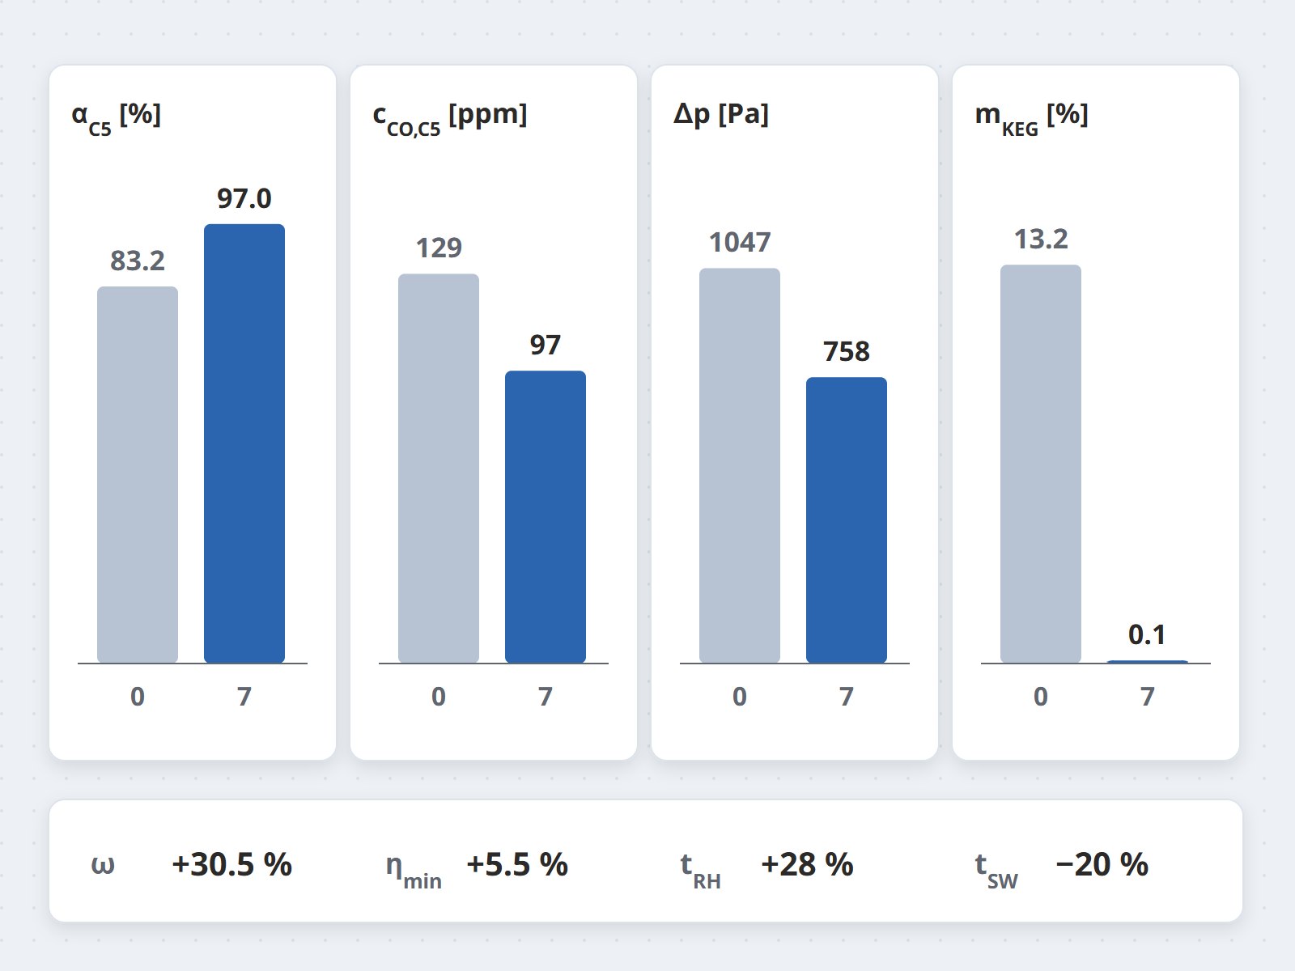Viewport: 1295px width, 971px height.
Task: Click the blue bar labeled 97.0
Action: pyautogui.click(x=244, y=443)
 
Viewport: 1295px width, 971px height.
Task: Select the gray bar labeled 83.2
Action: pyautogui.click(x=138, y=475)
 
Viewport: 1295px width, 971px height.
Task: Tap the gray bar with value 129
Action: pyautogui.click(x=439, y=469)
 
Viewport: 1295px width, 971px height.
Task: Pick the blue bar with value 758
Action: pyautogui.click(x=846, y=520)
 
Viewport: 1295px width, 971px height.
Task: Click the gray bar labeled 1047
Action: pyautogui.click(x=739, y=466)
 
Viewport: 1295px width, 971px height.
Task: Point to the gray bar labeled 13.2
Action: pyautogui.click(x=1041, y=464)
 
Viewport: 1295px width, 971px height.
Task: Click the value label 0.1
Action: pyautogui.click(x=1147, y=635)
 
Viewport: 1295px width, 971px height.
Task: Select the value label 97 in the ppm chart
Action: pyautogui.click(x=546, y=345)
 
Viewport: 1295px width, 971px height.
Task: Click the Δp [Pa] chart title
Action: pyautogui.click(x=721, y=114)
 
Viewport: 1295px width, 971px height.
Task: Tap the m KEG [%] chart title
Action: pyautogui.click(x=1031, y=117)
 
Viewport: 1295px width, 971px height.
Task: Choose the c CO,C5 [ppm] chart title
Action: pyautogui.click(x=449, y=117)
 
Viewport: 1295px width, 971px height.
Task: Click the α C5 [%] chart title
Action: pyautogui.click(x=117, y=117)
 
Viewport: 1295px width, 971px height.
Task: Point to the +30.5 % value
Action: pyautogui.click(x=231, y=864)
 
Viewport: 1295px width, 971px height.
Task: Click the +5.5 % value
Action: pyautogui.click(x=517, y=864)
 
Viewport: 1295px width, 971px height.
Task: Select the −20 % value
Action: pyautogui.click(x=1102, y=864)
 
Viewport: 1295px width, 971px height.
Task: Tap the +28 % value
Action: pyautogui.click(x=807, y=864)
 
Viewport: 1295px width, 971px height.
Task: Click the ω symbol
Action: pyautogui.click(x=103, y=866)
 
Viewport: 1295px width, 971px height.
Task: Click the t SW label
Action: pyautogui.click(x=996, y=870)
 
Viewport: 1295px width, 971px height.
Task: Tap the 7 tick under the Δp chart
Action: pyautogui.click(x=847, y=696)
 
